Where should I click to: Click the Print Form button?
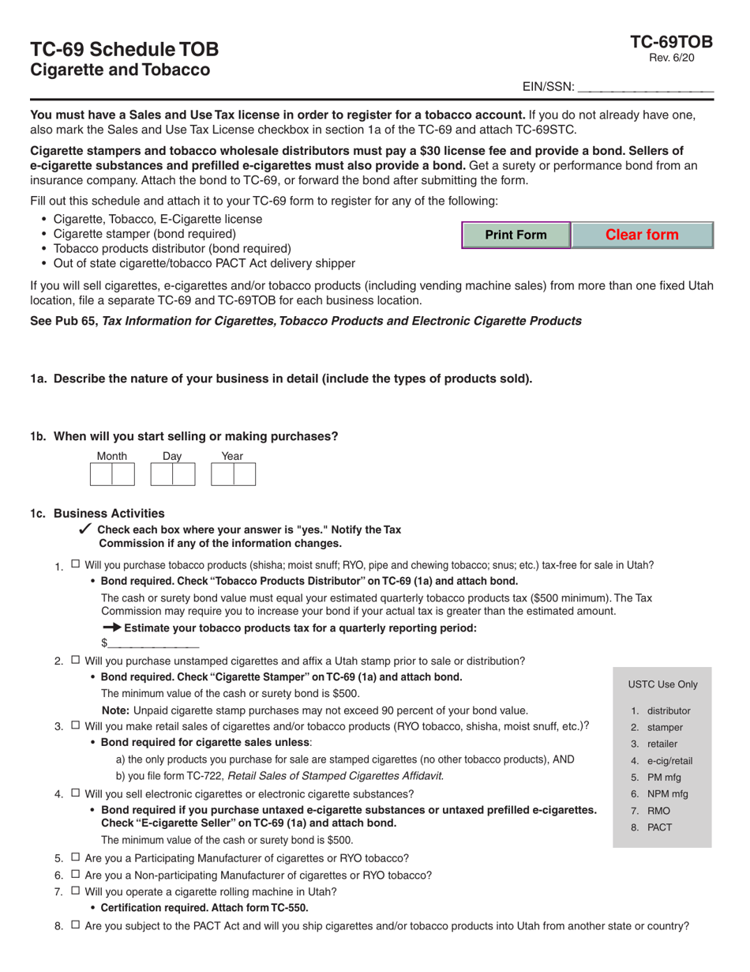point(516,235)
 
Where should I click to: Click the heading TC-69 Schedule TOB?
point(125,49)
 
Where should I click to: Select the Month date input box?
point(111,474)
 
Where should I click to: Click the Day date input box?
point(172,474)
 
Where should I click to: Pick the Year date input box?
point(233,474)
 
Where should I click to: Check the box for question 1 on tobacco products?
point(75,564)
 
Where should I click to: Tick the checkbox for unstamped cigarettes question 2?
point(75,660)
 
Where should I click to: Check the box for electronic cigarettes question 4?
point(75,793)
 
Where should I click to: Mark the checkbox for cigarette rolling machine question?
point(75,891)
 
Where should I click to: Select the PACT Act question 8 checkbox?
point(75,925)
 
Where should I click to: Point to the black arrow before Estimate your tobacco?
point(112,627)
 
